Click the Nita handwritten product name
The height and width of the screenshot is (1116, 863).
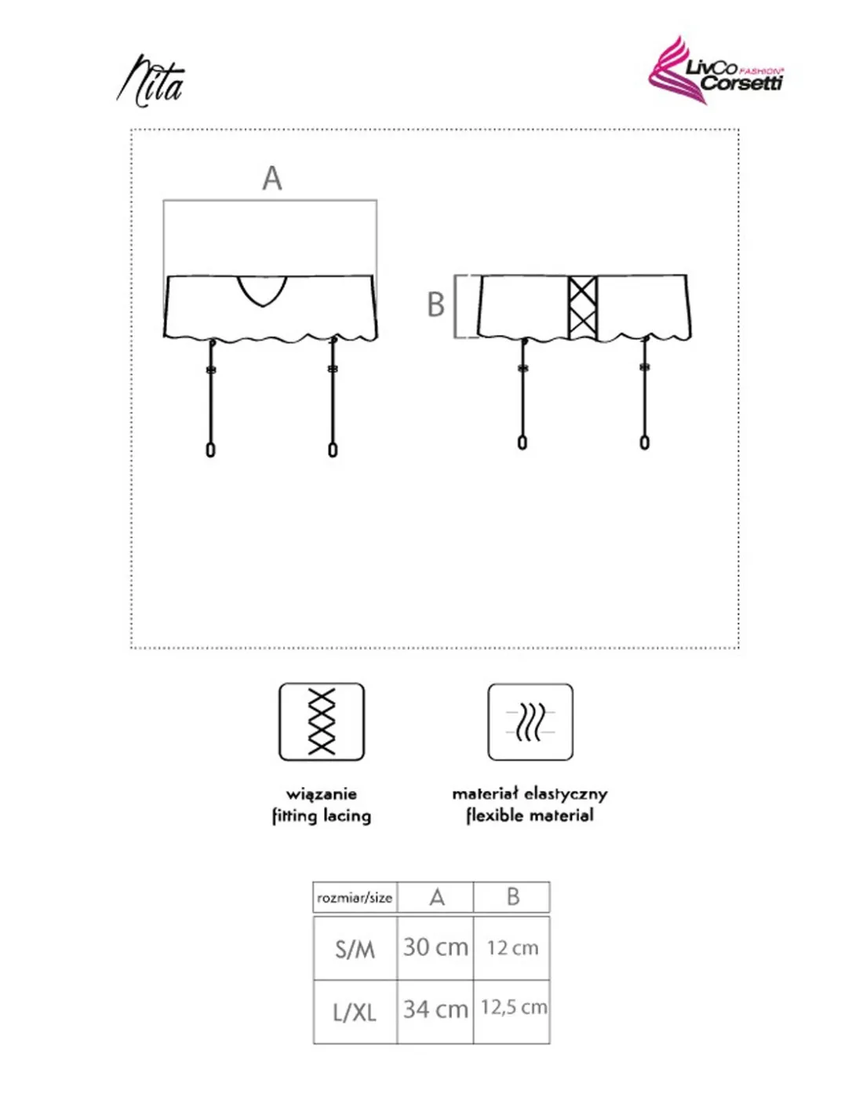pyautogui.click(x=151, y=81)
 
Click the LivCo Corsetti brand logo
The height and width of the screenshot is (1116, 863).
pyautogui.click(x=715, y=71)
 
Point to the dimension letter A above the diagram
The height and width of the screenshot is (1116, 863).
pyautogui.click(x=271, y=178)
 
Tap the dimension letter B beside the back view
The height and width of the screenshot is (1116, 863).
pyautogui.click(x=435, y=305)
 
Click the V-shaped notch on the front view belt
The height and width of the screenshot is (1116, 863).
pyautogui.click(x=262, y=289)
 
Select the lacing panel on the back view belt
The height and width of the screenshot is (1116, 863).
pyautogui.click(x=582, y=308)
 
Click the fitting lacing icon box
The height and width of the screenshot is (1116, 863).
pyautogui.click(x=322, y=722)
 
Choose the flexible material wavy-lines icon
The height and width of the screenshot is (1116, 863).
pyautogui.click(x=530, y=722)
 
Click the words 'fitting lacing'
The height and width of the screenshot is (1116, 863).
pyautogui.click(x=322, y=815)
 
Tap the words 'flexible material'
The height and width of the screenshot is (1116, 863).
pyautogui.click(x=530, y=815)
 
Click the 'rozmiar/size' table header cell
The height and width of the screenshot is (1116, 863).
pyautogui.click(x=355, y=898)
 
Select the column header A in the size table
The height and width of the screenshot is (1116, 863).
pyautogui.click(x=436, y=897)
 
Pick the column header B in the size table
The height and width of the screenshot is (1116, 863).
pyautogui.click(x=512, y=897)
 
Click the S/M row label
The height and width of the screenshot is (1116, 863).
pyautogui.click(x=355, y=950)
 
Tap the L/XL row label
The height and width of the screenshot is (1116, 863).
pyautogui.click(x=355, y=1012)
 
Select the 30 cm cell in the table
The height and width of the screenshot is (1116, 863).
pyautogui.click(x=435, y=948)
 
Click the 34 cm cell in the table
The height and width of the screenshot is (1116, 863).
pyautogui.click(x=435, y=1009)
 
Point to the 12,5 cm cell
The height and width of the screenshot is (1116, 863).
pyautogui.click(x=513, y=1008)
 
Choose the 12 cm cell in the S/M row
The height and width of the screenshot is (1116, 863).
pyautogui.click(x=512, y=948)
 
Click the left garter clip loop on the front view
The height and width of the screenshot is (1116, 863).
pyautogui.click(x=210, y=450)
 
